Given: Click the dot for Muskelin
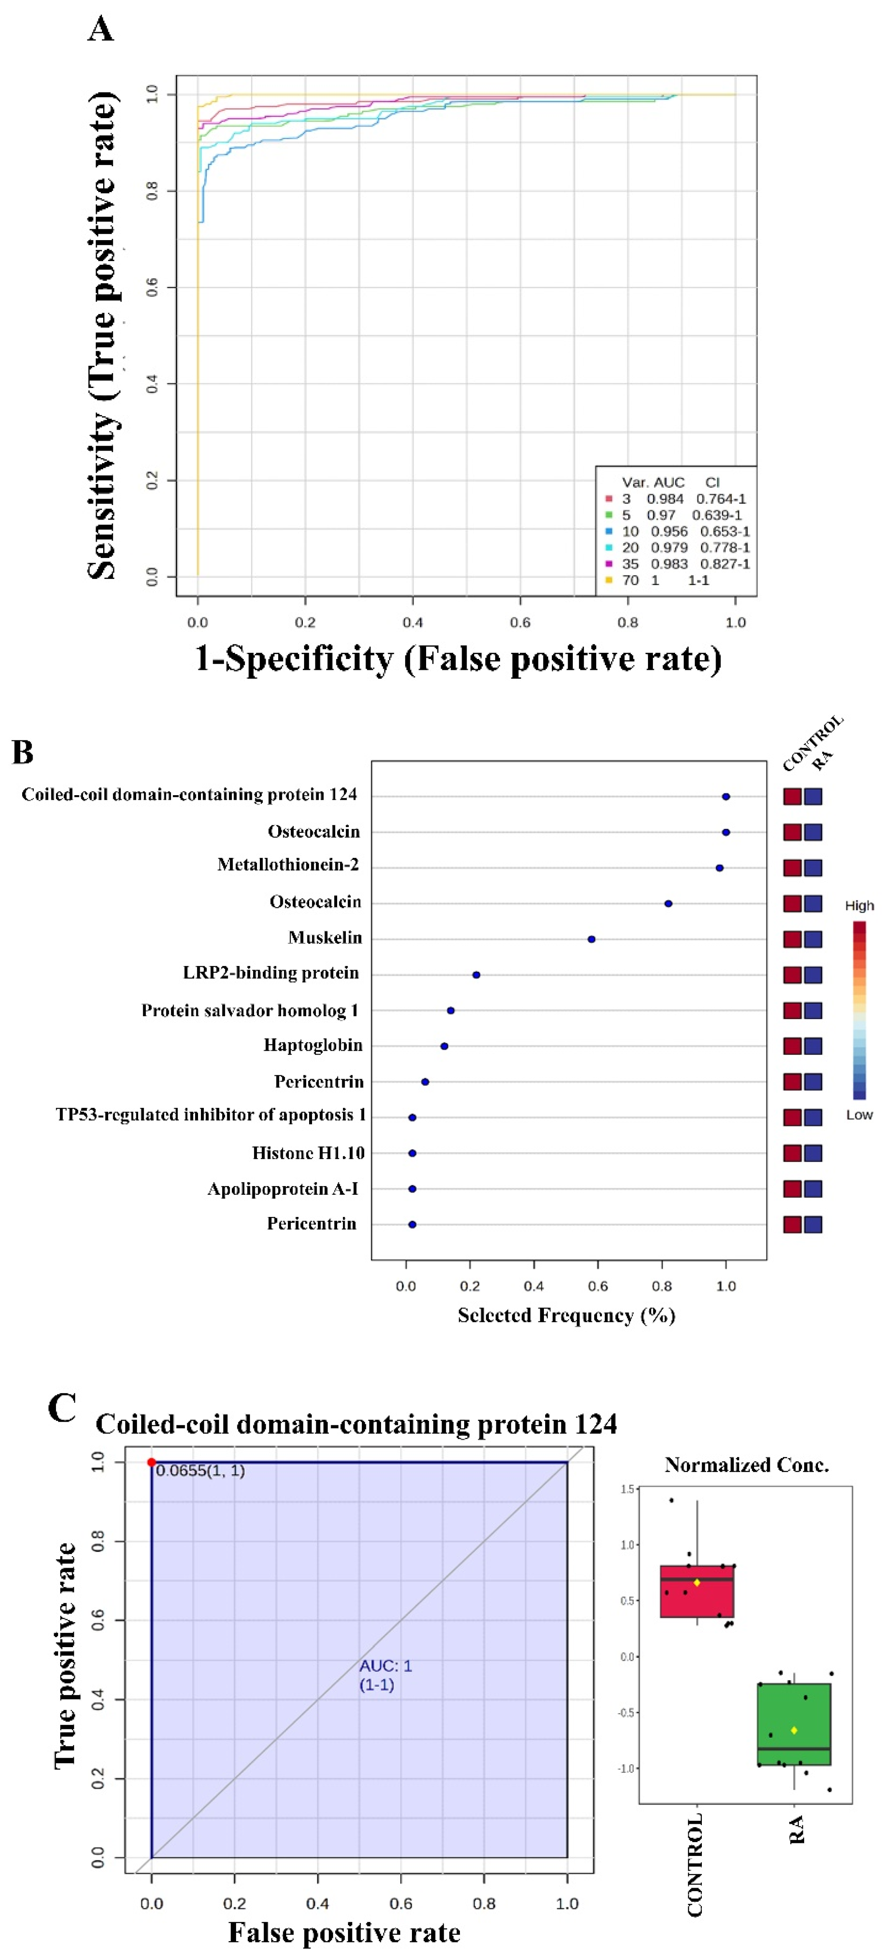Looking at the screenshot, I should click(x=591, y=939).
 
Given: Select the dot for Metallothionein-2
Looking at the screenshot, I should click(x=719, y=867).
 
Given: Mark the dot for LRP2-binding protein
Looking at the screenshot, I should click(x=476, y=975).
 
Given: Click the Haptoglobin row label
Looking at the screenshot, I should click(x=312, y=1045).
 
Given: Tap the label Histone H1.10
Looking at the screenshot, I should click(x=308, y=1153).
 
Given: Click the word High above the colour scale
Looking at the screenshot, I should click(x=859, y=905).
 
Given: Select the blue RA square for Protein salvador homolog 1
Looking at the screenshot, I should click(x=813, y=1010).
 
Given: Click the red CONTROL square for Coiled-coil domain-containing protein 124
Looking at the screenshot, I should click(x=792, y=796).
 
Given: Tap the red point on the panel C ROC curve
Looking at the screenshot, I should click(x=152, y=1463).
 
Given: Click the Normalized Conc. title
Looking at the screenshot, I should click(x=746, y=1465).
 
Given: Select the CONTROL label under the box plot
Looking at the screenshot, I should click(x=694, y=1865).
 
